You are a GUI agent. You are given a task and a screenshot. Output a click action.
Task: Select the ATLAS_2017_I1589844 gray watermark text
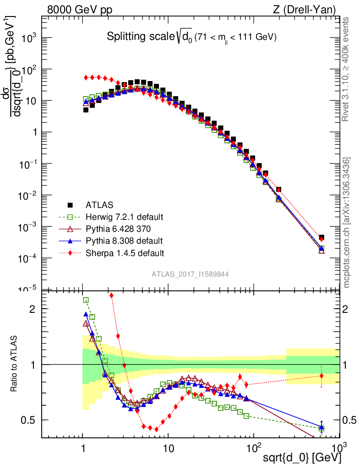point(190,274)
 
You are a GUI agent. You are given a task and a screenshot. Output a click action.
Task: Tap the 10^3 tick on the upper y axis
point(30,38)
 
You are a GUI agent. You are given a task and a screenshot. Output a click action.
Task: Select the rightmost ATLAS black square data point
point(322,237)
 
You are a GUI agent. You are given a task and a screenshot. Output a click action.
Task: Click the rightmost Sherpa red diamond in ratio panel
point(322,376)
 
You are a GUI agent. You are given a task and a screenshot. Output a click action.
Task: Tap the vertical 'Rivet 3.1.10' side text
point(346,69)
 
